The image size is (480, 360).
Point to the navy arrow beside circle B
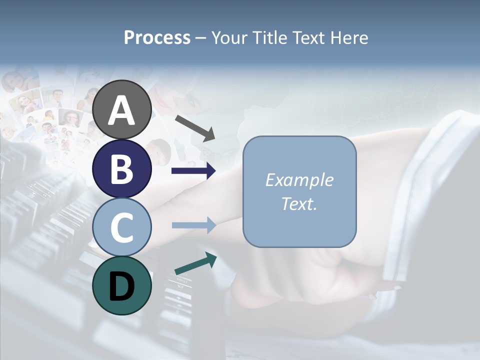coord(193,171)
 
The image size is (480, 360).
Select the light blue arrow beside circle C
coord(193,225)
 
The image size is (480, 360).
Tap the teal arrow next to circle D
coord(195,264)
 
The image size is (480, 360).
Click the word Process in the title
coord(157,38)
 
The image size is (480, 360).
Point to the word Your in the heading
coord(229,38)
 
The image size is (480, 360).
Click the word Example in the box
coord(299,180)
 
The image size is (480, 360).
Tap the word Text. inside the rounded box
coord(299,204)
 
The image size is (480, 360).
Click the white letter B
coord(122,169)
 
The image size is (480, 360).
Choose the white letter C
coord(122,227)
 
